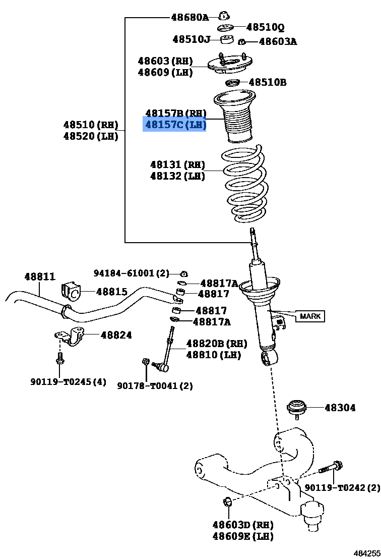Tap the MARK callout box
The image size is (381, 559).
(310, 316)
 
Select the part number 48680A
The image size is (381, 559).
(189, 17)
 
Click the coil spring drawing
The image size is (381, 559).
(245, 185)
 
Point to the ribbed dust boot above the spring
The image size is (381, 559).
(234, 117)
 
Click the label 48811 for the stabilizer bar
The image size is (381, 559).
(40, 276)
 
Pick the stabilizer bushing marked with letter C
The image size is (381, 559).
(71, 291)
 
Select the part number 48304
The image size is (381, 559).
(340, 407)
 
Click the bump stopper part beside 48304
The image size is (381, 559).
(296, 408)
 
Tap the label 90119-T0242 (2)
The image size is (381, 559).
(342, 487)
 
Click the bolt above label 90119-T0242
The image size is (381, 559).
(331, 467)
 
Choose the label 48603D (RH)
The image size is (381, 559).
(243, 524)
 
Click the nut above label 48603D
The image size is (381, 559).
(227, 501)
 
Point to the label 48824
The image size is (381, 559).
(116, 335)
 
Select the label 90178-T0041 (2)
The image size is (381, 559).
(155, 386)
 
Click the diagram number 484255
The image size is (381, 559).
(367, 553)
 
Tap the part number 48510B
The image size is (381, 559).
(268, 82)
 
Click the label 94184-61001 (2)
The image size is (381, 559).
(132, 273)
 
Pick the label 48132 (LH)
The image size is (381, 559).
(177, 176)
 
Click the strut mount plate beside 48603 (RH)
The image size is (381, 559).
(227, 64)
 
